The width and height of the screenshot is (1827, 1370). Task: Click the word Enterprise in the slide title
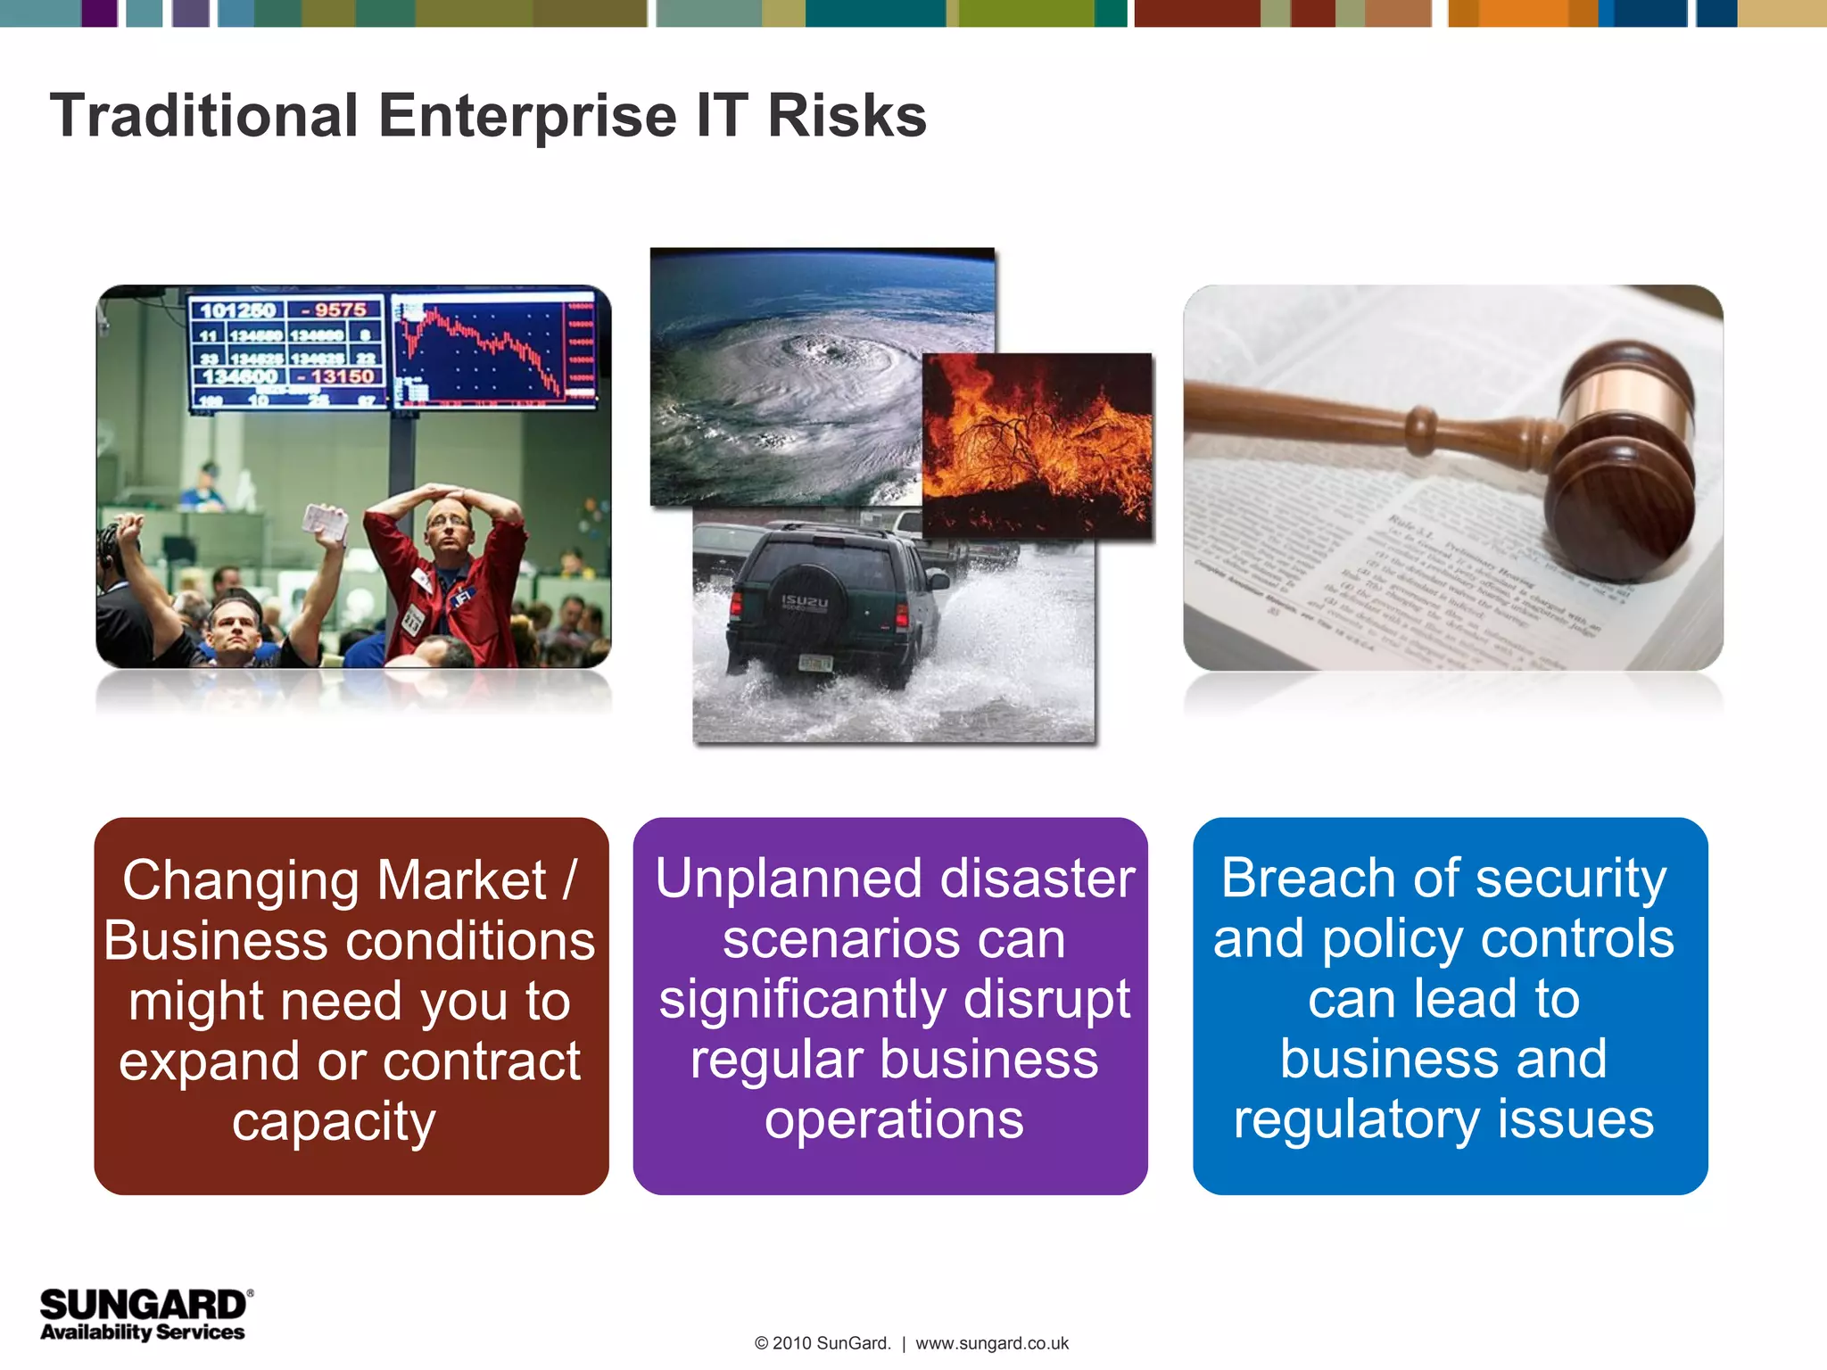coord(527,117)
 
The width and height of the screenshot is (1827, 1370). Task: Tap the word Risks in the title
coord(847,117)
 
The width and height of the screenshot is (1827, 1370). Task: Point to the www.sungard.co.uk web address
coord(992,1343)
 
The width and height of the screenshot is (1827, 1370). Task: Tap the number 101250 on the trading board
coord(237,310)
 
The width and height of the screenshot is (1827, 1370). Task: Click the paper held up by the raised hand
coord(325,522)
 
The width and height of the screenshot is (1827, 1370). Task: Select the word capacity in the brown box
coord(334,1121)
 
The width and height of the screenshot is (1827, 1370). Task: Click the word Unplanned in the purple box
coord(777,879)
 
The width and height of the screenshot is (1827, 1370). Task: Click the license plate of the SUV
coord(815,663)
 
